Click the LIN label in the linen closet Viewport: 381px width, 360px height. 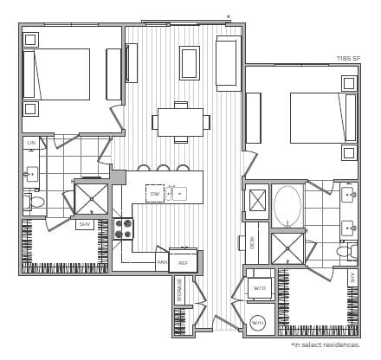(30, 143)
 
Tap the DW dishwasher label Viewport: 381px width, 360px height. (154, 194)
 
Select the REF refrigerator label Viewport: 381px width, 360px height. (183, 262)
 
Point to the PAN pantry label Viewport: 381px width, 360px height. (161, 262)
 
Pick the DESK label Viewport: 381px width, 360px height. (253, 243)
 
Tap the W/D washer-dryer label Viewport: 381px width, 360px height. (259, 287)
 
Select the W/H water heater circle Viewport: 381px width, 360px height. (258, 323)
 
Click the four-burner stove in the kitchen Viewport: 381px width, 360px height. (123, 228)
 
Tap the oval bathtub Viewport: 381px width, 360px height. (287, 206)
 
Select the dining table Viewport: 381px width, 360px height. (180, 122)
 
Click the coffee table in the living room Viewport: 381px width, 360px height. (190, 62)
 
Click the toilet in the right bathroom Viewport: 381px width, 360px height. (345, 253)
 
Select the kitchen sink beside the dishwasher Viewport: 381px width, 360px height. (176, 193)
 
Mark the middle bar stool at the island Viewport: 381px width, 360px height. (163, 169)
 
